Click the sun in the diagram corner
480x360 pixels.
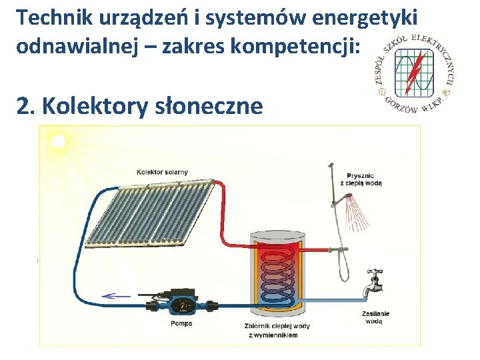coord(58,141)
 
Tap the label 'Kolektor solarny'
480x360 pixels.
coord(162,172)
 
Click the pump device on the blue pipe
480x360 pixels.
coord(179,305)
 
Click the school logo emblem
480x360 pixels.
coord(414,73)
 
